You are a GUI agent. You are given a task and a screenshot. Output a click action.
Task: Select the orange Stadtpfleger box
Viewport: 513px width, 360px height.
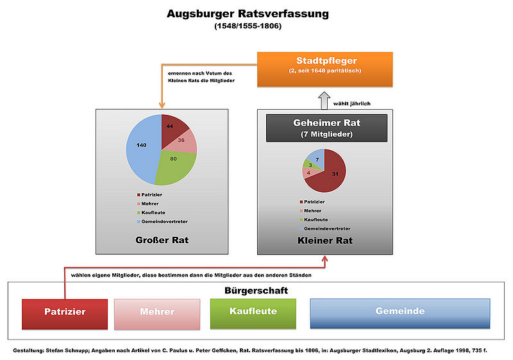click(326, 69)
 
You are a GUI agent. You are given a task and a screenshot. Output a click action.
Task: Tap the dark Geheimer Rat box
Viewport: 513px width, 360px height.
click(326, 127)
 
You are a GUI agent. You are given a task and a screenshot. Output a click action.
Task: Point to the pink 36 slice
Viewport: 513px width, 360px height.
click(185, 141)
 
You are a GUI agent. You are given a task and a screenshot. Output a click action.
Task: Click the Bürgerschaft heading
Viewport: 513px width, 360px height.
click(256, 290)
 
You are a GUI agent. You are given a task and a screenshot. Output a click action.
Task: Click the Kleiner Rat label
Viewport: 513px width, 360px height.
click(326, 241)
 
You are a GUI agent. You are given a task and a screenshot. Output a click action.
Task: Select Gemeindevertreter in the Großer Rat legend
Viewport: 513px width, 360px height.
click(164, 221)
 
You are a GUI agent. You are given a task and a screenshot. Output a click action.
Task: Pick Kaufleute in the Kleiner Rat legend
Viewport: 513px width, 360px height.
click(317, 219)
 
